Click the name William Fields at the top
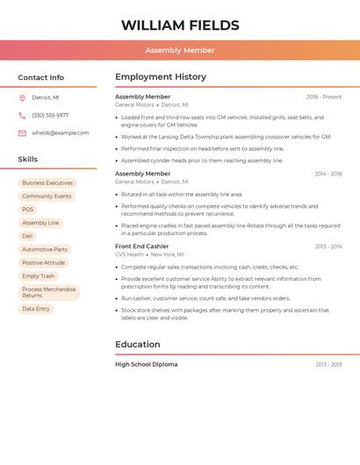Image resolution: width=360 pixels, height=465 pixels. point(180,25)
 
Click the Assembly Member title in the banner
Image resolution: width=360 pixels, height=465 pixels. point(180,50)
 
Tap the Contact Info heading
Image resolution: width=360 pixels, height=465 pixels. point(40,77)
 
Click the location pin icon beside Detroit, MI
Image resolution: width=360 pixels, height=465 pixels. point(22,97)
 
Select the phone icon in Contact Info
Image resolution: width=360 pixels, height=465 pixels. point(22,115)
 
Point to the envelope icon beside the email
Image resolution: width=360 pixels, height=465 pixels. point(22,133)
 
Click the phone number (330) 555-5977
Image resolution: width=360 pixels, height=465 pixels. point(50,115)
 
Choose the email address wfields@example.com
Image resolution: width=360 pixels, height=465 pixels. point(60,133)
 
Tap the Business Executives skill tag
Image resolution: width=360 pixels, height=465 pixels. point(47,183)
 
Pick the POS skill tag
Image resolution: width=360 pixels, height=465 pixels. point(28,210)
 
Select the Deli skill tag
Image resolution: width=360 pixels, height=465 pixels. point(27,236)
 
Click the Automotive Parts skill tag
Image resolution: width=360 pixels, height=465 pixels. point(45,249)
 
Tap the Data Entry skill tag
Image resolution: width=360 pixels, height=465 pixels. point(36,309)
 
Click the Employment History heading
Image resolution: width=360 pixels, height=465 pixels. point(161,77)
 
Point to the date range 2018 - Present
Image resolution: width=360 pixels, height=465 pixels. point(324,97)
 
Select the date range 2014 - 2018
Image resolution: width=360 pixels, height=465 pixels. point(328,174)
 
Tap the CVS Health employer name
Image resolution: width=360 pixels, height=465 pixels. point(129,254)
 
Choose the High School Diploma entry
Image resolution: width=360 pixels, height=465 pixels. point(146,364)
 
